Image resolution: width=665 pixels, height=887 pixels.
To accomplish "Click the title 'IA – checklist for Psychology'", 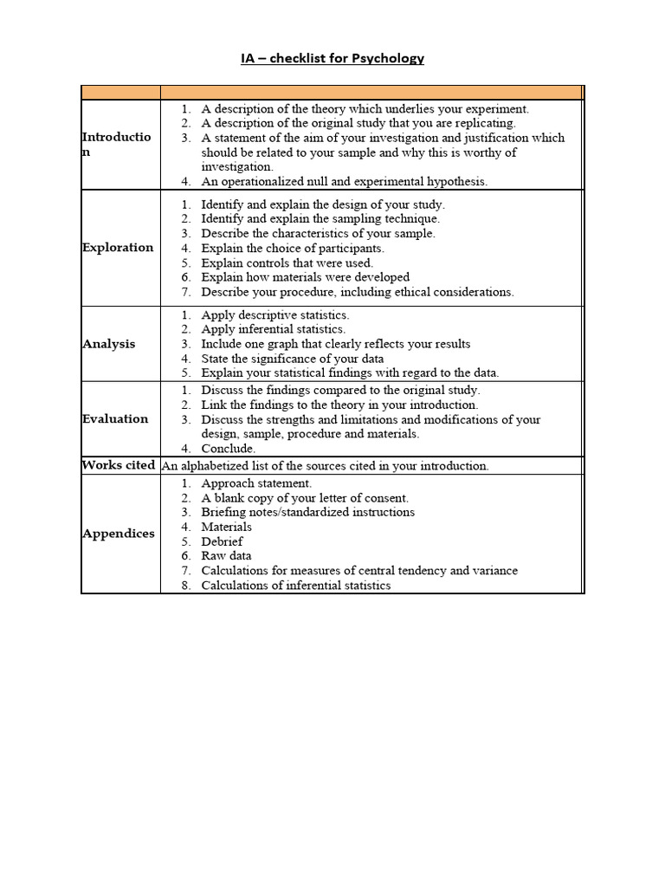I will pos(332,58).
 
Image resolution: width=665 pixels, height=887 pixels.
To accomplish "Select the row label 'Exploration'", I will pos(118,248).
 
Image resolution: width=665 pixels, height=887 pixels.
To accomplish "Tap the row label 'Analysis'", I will pos(109,344).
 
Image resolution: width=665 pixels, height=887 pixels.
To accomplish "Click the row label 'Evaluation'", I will pos(115,419).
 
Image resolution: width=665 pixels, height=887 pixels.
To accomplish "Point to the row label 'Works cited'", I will pos(119,465).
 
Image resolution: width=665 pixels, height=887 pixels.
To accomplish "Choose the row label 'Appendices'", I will pos(119,534).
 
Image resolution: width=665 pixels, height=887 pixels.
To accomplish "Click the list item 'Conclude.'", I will pos(229,449).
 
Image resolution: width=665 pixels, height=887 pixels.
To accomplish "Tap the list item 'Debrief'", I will pos(222,541).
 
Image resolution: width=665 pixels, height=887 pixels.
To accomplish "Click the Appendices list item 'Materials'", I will pos(226,527).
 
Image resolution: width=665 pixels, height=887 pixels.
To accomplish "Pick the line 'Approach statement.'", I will pos(256,483).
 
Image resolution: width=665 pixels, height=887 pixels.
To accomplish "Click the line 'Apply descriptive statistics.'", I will pos(275,315).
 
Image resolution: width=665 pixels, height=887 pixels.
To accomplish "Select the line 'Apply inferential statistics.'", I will pos(273,329).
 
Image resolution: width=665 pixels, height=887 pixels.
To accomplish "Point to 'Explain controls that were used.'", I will pos(287,262).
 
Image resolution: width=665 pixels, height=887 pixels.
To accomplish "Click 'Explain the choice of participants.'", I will pos(293,249).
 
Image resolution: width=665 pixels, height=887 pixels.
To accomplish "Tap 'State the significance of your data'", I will pos(293,359).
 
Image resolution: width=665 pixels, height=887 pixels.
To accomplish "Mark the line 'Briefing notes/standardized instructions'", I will pos(307,512).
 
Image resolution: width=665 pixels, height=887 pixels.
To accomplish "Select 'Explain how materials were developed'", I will pos(305,277).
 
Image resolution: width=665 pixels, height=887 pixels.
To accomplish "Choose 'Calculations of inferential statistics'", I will pos(295,586).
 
